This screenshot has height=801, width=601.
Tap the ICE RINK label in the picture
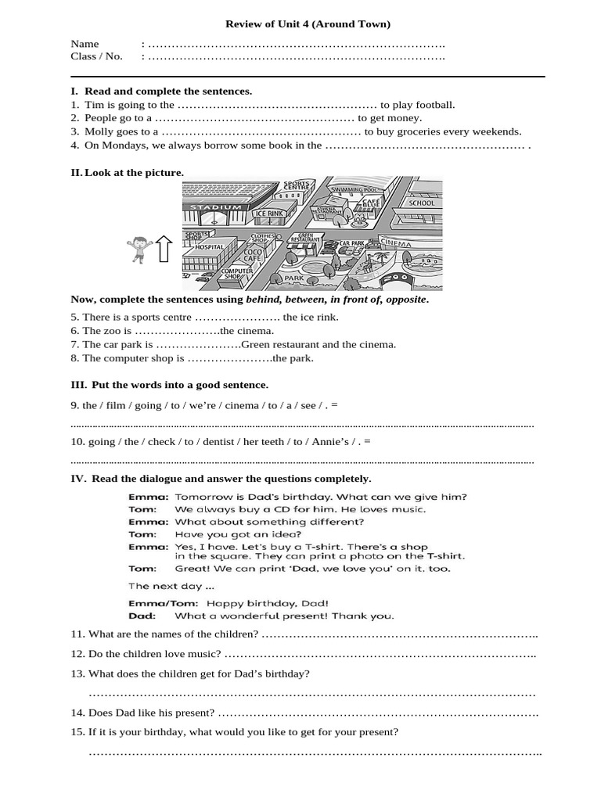pyautogui.click(x=269, y=214)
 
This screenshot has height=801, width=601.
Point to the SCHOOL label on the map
pyautogui.click(x=421, y=203)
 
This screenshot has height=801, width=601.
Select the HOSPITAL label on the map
pyautogui.click(x=209, y=246)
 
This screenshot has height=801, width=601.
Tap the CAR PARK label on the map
pyautogui.click(x=352, y=244)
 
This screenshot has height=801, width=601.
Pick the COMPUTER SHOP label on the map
pyautogui.click(x=236, y=274)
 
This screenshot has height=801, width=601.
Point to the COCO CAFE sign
pyautogui.click(x=252, y=255)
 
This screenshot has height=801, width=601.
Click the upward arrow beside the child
pyautogui.click(x=164, y=250)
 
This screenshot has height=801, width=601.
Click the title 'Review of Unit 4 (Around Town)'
pyautogui.click(x=308, y=24)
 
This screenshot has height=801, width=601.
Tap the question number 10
pyautogui.click(x=77, y=442)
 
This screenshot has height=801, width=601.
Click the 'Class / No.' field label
pyautogui.click(x=97, y=56)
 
